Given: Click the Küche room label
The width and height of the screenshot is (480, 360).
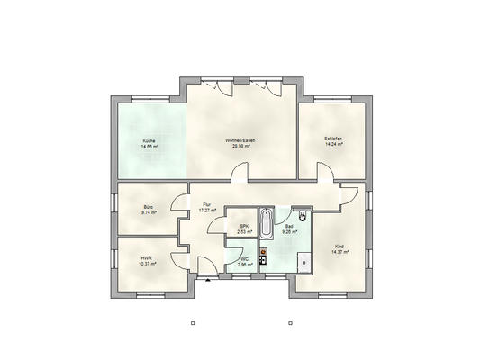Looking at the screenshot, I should (148, 141).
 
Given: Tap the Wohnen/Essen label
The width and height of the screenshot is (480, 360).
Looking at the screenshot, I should (240, 140).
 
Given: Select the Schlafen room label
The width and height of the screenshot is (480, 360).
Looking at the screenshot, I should (333, 138).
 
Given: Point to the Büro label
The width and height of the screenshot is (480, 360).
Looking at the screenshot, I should (148, 207).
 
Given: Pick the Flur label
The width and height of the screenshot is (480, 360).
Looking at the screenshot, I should (207, 204).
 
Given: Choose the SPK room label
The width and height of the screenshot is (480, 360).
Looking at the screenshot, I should (243, 227).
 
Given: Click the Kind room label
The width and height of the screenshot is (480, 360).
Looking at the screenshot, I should (340, 246).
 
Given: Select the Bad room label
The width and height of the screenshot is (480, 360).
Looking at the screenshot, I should (289, 227).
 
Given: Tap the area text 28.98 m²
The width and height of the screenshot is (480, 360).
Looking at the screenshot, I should (240, 146).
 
